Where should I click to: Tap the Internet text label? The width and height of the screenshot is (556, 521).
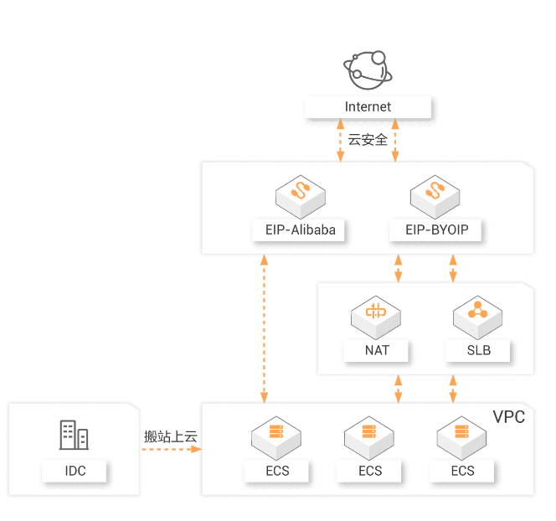pos(368,107)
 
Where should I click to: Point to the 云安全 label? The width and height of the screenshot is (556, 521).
pos(368,140)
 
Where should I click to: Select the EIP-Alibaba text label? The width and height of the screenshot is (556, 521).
pos(300,230)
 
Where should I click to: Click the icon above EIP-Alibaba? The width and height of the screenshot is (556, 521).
pos(300,193)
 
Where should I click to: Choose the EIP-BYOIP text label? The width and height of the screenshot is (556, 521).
pos(435,230)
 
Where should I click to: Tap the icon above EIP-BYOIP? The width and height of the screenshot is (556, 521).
pos(435,193)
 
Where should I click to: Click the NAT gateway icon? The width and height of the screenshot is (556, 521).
pos(376,312)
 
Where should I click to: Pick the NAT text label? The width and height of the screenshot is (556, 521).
pos(377,350)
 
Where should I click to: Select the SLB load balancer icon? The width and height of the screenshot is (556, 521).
pos(478,312)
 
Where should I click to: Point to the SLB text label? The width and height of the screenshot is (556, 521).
pos(479,350)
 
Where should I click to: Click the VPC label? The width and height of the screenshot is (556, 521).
pos(508,417)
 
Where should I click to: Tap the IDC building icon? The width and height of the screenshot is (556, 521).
pos(75,435)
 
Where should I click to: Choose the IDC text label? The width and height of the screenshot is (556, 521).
pos(75,471)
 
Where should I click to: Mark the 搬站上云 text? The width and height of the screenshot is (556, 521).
pos(171,436)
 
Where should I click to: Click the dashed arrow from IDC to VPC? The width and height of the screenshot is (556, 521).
pos(171,450)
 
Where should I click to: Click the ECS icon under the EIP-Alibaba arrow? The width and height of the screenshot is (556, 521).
pos(276,436)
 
